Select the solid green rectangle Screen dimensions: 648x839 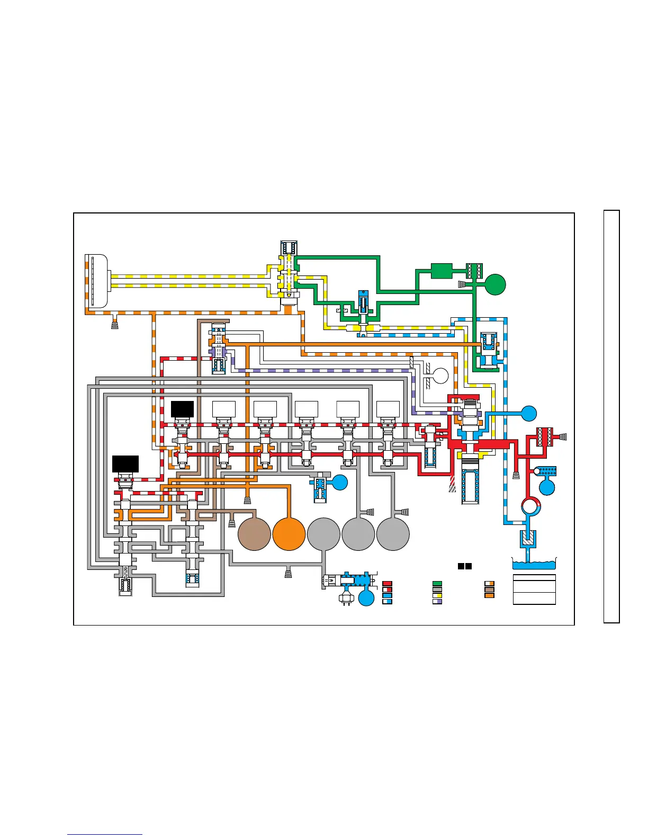tap(441, 271)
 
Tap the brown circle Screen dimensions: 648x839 tap(254, 534)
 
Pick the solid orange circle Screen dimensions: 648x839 tap(289, 534)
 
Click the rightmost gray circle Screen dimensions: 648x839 tap(393, 534)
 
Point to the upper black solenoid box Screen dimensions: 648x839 tap(182, 409)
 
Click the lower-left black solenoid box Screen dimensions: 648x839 tap(125, 463)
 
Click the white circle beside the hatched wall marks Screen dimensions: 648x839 tap(440, 376)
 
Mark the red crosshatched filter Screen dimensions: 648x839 tap(545, 437)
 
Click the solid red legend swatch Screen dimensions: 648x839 tap(387, 584)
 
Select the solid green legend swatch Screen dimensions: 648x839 tap(437, 584)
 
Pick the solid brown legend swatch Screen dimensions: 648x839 tap(490, 590)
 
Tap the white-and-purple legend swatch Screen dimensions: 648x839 tap(437, 601)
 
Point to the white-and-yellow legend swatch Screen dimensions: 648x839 tap(437, 595)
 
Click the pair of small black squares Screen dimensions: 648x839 tap(465, 566)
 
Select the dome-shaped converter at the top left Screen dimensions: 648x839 tap(97, 281)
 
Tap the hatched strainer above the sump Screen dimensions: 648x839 tap(527, 539)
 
